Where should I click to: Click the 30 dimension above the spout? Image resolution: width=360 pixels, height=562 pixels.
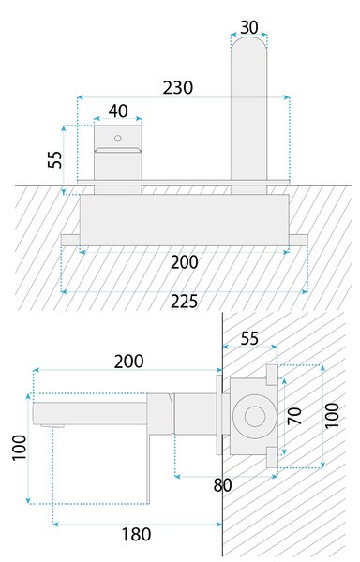249,27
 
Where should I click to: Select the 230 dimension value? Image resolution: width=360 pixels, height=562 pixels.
178,88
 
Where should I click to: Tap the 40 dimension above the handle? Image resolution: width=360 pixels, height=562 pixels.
118,111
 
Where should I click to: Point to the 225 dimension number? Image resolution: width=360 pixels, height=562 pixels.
184,302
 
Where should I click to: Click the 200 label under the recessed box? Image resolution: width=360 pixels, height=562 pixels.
184,262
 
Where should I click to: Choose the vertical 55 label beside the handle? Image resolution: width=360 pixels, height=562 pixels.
55,159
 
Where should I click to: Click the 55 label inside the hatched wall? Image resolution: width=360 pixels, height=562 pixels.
249,339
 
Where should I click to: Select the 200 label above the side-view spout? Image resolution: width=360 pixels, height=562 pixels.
129,362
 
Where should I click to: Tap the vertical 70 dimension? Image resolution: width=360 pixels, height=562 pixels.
294,416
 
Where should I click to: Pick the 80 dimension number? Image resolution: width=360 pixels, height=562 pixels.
223,485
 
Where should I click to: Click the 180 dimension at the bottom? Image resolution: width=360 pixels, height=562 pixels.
136,535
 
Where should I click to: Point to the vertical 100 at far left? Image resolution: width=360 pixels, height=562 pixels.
20,448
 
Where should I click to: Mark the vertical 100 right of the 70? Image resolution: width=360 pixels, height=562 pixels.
332,415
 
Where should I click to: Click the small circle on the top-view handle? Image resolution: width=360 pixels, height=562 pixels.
117,138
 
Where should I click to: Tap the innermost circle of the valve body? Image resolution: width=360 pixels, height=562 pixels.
255,417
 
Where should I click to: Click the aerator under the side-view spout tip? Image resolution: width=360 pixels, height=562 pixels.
52,426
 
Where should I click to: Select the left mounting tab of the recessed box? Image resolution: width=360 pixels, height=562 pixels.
70,240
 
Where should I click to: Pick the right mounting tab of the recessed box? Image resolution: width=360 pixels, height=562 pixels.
298,240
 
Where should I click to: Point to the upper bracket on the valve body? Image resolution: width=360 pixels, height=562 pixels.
272,376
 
